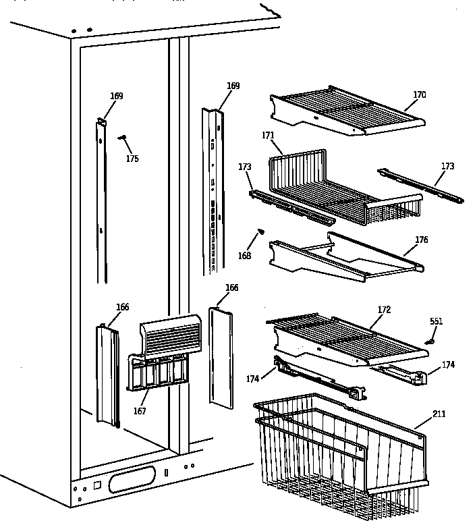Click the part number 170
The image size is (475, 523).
click(419, 95)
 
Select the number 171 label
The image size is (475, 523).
click(268, 136)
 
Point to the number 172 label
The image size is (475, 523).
click(384, 310)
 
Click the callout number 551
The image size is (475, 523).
click(437, 321)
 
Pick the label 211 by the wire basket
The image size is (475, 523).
click(439, 413)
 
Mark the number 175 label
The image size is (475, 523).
click(132, 159)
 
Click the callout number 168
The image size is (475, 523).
click(244, 256)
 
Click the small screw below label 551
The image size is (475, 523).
click(428, 341)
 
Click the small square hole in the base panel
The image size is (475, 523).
click(97, 485)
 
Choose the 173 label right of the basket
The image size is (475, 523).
click(447, 166)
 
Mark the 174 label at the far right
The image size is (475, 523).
click(448, 365)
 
